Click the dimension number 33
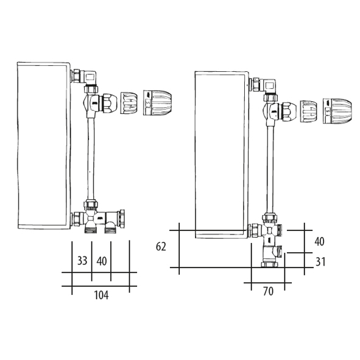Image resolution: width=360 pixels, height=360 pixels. [82, 261]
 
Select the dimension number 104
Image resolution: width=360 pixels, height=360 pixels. [101, 295]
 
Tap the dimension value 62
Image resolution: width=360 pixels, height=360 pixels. [161, 247]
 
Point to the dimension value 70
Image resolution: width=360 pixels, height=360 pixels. [268, 291]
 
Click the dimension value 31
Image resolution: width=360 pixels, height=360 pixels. [320, 262]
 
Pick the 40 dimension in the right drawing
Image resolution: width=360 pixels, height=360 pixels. [319, 242]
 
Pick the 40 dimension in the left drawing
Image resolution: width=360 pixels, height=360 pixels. [102, 261]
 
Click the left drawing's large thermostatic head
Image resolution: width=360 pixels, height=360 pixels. [157, 102]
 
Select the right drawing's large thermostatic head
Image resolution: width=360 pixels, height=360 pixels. [337, 111]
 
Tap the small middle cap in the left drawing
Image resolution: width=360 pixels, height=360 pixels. [129, 103]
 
